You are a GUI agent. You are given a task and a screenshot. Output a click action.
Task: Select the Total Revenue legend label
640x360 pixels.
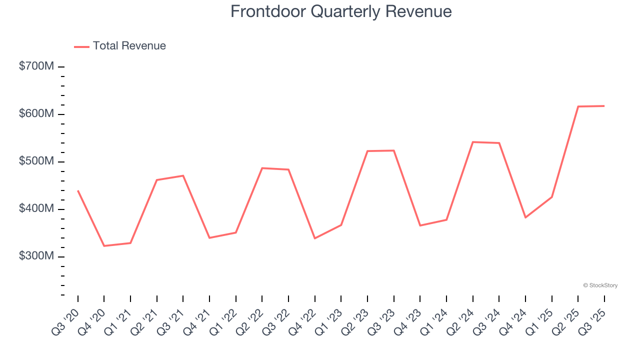click(x=129, y=46)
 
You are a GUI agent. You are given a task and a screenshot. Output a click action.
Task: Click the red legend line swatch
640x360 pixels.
click(x=81, y=46)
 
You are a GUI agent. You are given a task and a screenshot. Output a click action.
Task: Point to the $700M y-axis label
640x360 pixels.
click(x=36, y=66)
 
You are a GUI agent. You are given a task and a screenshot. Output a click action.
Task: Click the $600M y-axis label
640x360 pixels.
click(x=36, y=114)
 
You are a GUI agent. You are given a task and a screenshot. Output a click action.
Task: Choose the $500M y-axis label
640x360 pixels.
click(x=36, y=161)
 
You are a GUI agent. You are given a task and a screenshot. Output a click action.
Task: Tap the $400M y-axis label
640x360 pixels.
click(x=36, y=209)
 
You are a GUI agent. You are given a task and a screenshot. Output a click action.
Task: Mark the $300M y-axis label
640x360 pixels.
click(x=36, y=256)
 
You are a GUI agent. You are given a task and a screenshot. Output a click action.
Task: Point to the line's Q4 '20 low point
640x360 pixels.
click(x=104, y=246)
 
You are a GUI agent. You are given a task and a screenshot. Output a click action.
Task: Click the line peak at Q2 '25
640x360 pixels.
click(x=578, y=106)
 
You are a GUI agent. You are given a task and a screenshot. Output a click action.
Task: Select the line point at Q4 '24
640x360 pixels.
click(x=525, y=217)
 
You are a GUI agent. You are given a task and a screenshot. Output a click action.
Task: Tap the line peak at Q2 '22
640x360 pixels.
click(x=262, y=168)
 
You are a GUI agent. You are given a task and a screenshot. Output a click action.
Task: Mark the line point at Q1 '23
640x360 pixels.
click(x=341, y=225)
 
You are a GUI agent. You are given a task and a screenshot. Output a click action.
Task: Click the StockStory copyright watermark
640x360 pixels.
click(x=600, y=285)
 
